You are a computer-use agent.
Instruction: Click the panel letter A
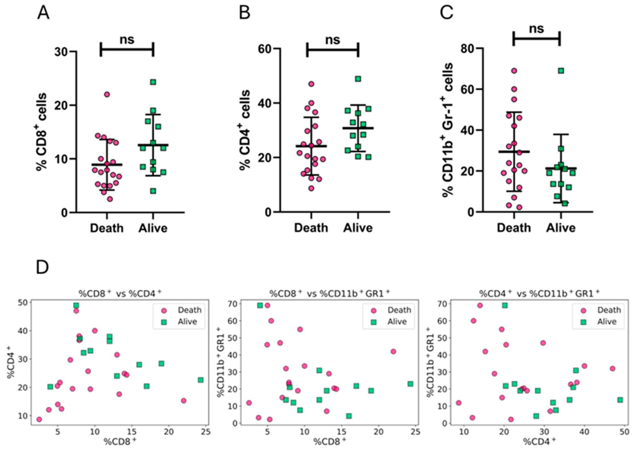[x=43, y=13]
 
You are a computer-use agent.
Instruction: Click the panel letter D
[x=42, y=267]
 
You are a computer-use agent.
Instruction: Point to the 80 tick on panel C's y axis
[x=468, y=49]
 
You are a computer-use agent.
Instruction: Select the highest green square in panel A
[x=153, y=82]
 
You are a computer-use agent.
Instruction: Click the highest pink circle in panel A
[x=107, y=94]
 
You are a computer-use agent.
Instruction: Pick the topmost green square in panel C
[x=561, y=71]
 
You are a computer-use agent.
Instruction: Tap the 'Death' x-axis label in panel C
[x=514, y=228]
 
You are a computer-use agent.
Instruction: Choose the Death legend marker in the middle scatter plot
[x=374, y=310]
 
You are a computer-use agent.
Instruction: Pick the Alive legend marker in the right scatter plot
[x=583, y=322]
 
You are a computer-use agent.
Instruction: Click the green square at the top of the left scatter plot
[x=76, y=305]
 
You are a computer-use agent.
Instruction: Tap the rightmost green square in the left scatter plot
[x=201, y=380]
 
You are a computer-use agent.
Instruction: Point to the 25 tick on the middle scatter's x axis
[x=416, y=432]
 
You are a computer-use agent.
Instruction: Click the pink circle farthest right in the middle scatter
[x=393, y=351]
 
